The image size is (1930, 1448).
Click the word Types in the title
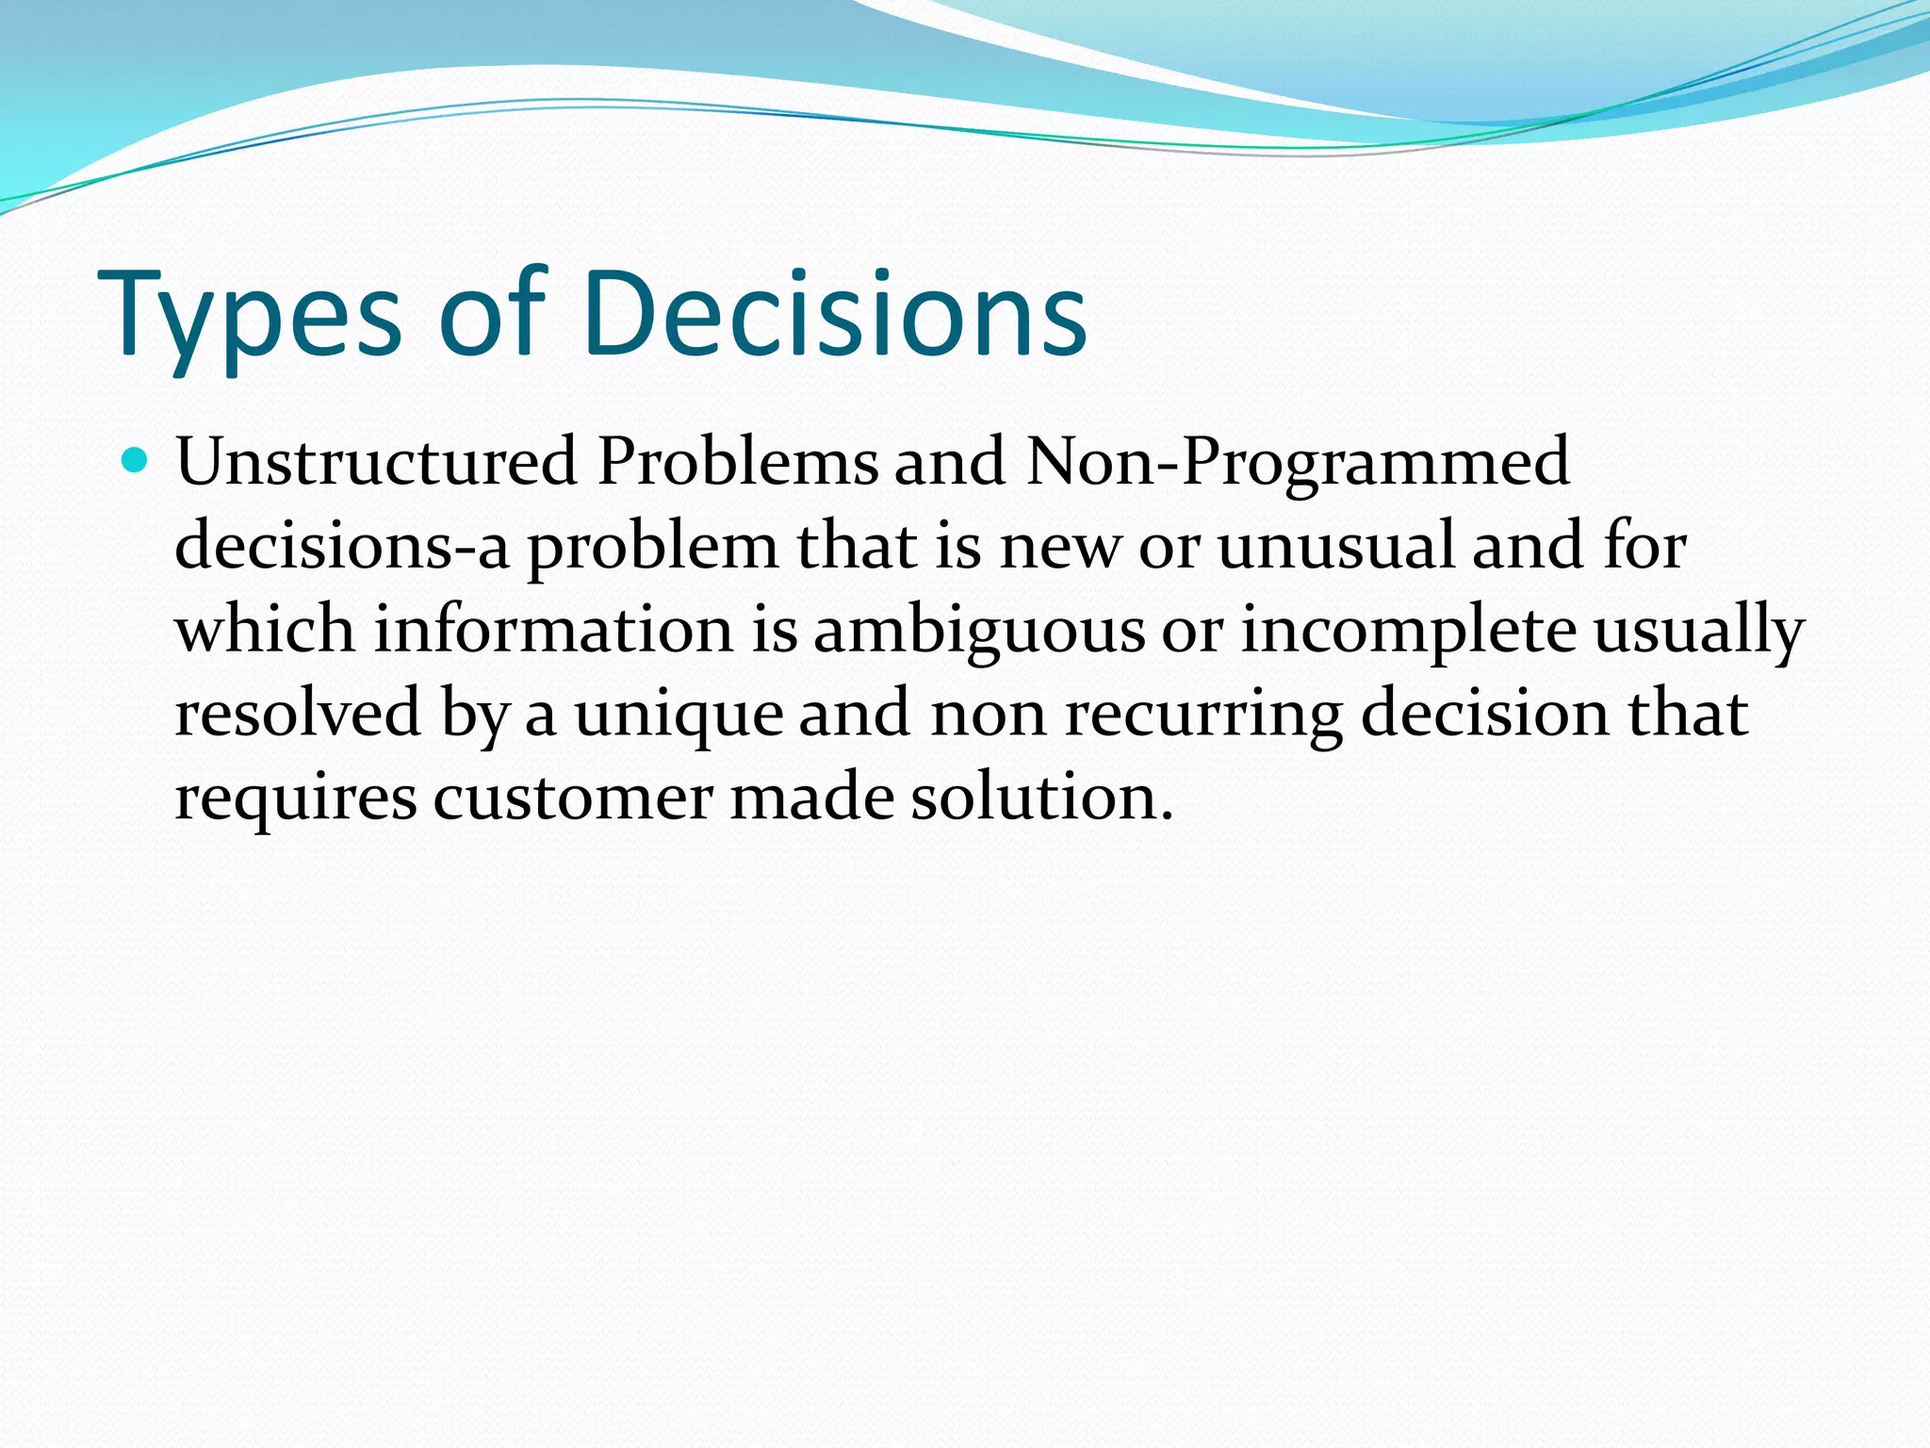click(250, 316)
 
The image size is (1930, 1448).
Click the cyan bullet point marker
click(136, 461)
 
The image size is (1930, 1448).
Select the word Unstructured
click(376, 462)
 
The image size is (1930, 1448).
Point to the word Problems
click(737, 462)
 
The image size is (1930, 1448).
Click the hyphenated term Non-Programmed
click(1297, 462)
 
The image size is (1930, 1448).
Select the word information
click(553, 630)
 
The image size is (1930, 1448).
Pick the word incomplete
click(1408, 630)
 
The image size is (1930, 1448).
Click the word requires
click(295, 798)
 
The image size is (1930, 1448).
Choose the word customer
click(573, 798)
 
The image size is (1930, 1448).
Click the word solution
click(1041, 798)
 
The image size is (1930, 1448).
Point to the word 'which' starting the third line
click(265, 630)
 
